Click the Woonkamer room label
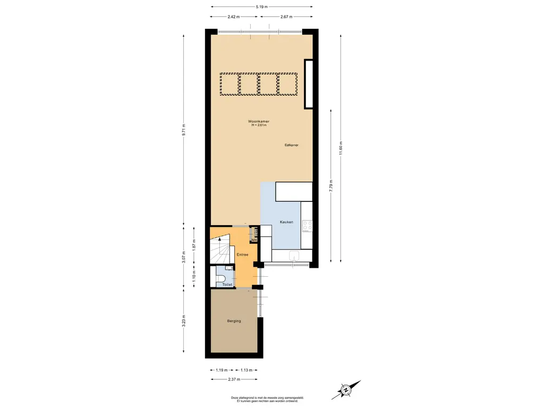[x=259, y=122]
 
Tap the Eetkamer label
[x=292, y=145]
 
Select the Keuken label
[x=286, y=222]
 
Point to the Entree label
[x=242, y=254]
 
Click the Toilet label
[x=227, y=285]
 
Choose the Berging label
[x=234, y=321]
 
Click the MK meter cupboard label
[x=254, y=240]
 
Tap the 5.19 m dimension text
[x=261, y=6]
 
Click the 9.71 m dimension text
[x=184, y=131]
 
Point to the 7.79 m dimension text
[x=331, y=186]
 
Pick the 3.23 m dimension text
[x=184, y=321]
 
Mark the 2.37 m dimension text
[x=234, y=379]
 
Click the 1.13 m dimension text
[x=246, y=370]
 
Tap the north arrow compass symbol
[x=346, y=390]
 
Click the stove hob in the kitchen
[x=308, y=226]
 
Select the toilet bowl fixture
[x=221, y=278]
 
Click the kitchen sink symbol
[x=294, y=256]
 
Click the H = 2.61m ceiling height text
[x=259, y=125]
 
